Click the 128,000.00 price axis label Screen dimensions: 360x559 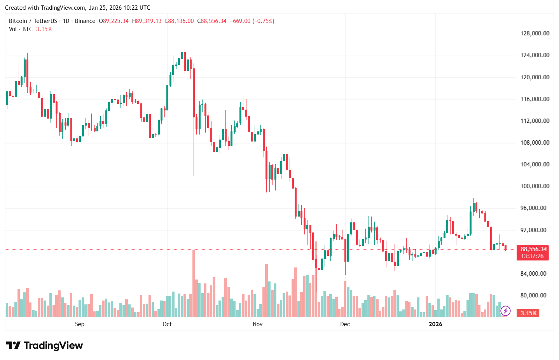coord(535,33)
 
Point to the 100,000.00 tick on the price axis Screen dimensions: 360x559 coord(535,186)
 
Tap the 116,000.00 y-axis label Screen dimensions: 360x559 coord(535,99)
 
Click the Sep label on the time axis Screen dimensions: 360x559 coord(80,324)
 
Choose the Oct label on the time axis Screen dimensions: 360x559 coord(167,324)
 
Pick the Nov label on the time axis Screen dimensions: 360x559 coord(257,324)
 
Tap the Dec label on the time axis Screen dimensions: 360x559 coord(345,324)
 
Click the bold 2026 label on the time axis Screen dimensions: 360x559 coord(435,324)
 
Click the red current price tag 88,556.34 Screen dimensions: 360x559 coord(533,249)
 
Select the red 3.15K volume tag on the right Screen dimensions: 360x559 coord(529,313)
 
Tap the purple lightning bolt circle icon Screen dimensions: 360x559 coord(505,311)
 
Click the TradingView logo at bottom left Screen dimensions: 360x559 coord(45,346)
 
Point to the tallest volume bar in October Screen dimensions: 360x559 coord(194,283)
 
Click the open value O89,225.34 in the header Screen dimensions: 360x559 coord(114,21)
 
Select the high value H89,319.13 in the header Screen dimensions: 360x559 coord(147,21)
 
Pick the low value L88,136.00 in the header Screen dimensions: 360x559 coord(179,21)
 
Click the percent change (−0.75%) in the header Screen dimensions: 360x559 coord(264,21)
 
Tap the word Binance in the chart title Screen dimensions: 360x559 coord(85,21)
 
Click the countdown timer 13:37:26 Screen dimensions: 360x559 coord(532,256)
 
